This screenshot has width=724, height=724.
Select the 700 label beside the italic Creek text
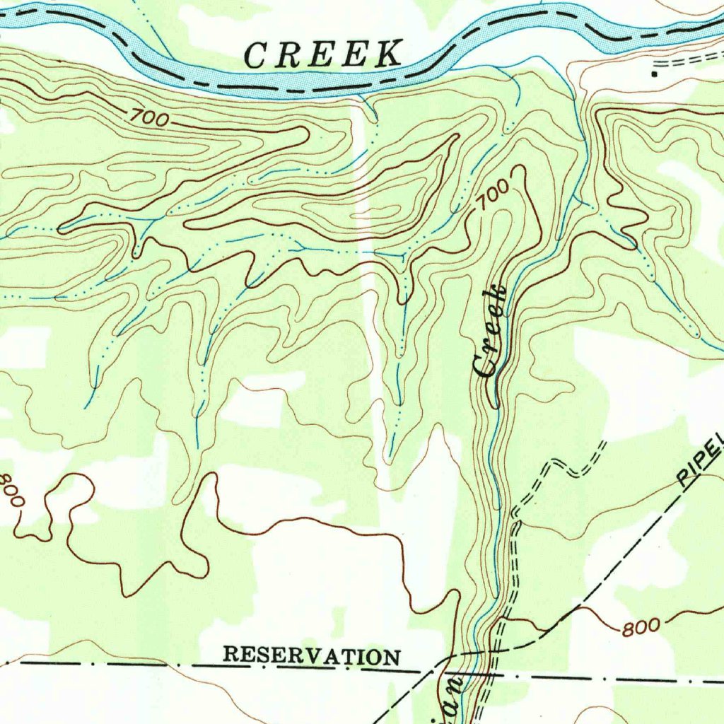coord(491,194)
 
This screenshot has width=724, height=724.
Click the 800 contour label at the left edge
coord(12,490)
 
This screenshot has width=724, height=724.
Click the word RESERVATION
coord(311,655)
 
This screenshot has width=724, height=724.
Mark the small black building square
coord(655,72)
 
